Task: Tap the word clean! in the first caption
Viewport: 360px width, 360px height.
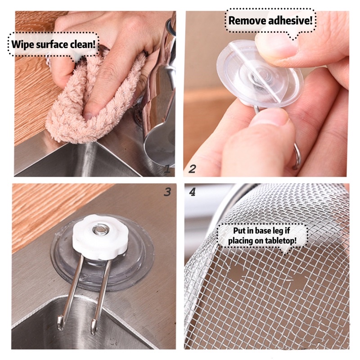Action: (x=83, y=44)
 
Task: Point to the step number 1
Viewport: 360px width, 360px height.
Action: (x=167, y=169)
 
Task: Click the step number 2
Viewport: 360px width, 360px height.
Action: (x=192, y=169)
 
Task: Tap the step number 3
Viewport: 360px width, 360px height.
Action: (x=167, y=192)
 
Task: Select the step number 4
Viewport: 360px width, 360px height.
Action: (x=192, y=192)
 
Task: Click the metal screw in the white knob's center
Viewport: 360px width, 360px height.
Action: (x=100, y=229)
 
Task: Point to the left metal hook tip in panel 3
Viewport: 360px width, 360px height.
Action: (x=61, y=324)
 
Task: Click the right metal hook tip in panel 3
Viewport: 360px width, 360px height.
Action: (x=94, y=327)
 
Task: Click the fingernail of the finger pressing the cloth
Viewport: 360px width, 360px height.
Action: (x=88, y=116)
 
